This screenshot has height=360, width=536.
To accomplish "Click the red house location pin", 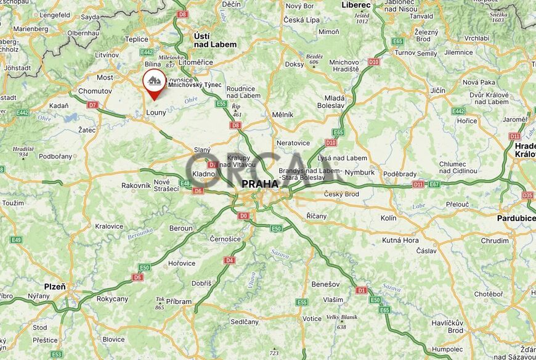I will click(154, 83).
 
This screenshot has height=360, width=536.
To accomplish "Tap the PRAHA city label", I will click(259, 184).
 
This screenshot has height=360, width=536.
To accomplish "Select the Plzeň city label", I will click(55, 287).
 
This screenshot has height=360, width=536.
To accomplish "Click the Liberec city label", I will click(357, 5).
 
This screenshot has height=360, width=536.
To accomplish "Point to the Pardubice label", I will click(516, 218).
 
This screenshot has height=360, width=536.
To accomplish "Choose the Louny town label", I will click(156, 113).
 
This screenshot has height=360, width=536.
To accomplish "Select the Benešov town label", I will click(326, 284).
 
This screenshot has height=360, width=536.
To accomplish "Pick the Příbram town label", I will click(179, 301).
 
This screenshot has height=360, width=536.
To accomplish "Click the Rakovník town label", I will click(136, 185).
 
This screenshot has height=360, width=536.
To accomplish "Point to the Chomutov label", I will click(95, 91).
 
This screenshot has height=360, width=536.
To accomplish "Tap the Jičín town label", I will click(437, 91).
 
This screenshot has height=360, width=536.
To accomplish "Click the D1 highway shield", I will click(362, 289).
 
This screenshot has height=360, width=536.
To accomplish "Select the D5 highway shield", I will click(137, 277).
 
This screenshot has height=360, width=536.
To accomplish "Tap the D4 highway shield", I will click(229, 260).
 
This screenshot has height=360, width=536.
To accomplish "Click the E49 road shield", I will click(15, 240).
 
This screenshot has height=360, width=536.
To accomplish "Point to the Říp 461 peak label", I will click(236, 110).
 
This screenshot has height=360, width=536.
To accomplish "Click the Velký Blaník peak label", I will click(341, 321).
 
